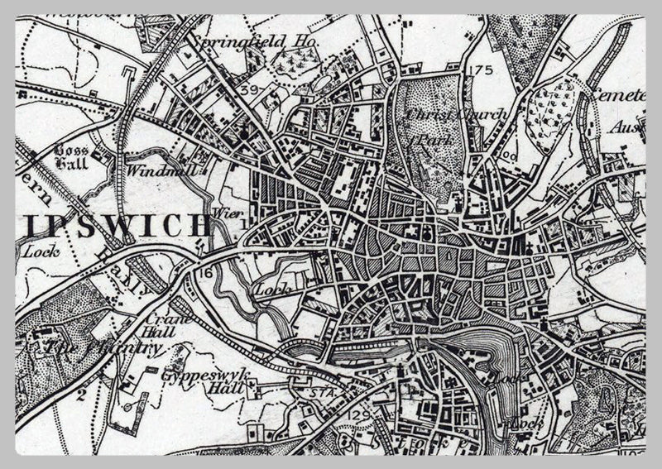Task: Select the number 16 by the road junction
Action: (206, 270)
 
